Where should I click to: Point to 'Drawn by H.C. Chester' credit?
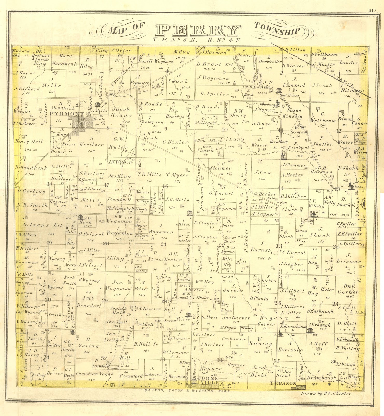(326, 393)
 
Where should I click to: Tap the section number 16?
(165, 186)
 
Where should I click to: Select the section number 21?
(163, 244)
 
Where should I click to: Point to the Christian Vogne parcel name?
(94, 374)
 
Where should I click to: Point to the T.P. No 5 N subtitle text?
(175, 40)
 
